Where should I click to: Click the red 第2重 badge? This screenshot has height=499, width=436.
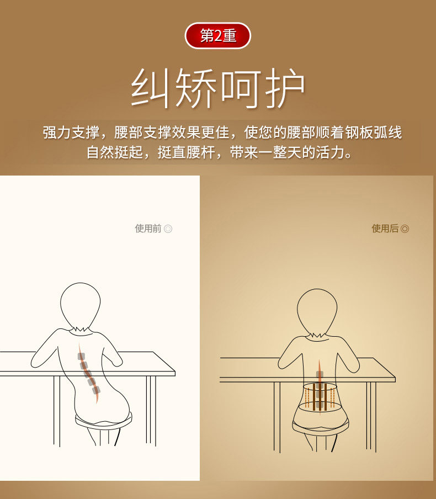pos(218,36)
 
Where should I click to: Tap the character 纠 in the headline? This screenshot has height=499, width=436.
pos(152,88)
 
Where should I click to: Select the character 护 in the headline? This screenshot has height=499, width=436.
pos(285,88)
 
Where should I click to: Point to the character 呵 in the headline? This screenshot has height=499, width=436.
pos(241,88)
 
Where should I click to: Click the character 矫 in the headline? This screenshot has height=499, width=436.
pos(196,88)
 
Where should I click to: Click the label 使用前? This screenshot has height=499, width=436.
pos(148,229)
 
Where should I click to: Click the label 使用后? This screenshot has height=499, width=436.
pos(385,229)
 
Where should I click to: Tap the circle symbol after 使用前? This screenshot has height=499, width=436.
pos(168,229)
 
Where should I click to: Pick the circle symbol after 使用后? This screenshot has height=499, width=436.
pos(405,229)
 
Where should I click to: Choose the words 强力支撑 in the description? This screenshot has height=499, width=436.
pos(71,133)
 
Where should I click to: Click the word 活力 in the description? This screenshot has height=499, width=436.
pos(331,152)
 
